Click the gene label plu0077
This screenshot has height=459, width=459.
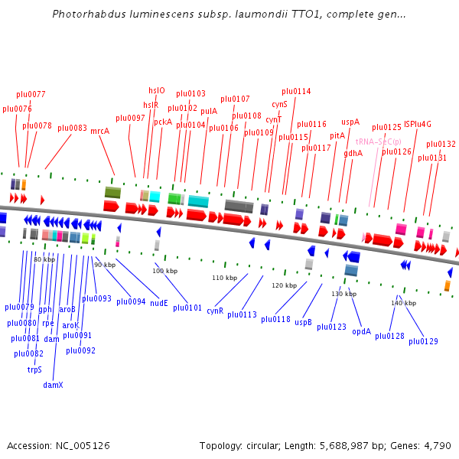[31, 94]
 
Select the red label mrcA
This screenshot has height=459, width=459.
[99, 131]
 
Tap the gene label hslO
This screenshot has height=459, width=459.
[156, 90]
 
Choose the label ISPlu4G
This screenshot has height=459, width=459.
[418, 123]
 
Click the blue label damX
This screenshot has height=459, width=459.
[53, 385]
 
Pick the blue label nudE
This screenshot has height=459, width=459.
[158, 303]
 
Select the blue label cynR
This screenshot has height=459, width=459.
[215, 311]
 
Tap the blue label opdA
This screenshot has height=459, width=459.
[362, 332]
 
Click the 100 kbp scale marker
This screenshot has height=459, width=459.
[164, 271]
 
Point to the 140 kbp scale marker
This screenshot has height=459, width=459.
[402, 303]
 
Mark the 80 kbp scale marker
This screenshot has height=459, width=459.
[44, 259]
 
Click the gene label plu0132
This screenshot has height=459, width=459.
[441, 144]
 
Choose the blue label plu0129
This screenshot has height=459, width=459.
[423, 341]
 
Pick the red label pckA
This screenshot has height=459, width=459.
[162, 122]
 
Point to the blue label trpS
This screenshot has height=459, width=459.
[34, 369]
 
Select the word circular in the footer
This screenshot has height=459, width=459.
[276, 445]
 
